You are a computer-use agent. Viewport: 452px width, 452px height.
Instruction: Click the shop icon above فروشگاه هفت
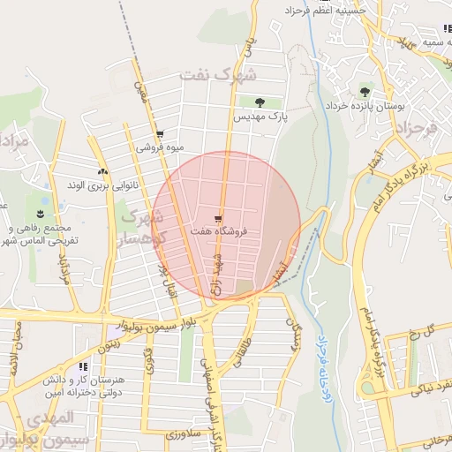click(218, 218)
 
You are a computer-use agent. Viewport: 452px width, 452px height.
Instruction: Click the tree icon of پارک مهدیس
click(259, 102)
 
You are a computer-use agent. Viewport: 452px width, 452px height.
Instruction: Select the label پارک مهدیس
click(261, 116)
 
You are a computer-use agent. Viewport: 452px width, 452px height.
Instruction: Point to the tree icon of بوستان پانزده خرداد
click(365, 92)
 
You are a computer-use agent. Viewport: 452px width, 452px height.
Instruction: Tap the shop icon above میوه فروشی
click(159, 135)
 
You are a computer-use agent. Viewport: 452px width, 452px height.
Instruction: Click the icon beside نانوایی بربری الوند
click(103, 171)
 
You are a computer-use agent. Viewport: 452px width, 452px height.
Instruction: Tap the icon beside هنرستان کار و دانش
click(82, 366)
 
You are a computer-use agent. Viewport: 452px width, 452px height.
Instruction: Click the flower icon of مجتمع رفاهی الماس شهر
click(41, 214)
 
